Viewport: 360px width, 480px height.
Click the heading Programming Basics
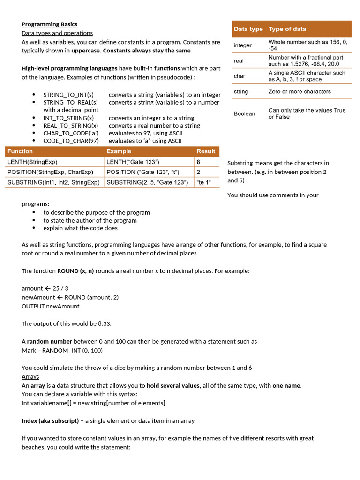tap(49, 24)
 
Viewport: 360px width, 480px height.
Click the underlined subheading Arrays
tap(30, 376)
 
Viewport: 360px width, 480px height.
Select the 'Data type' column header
tap(248, 29)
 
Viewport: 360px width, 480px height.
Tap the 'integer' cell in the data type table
tap(243, 45)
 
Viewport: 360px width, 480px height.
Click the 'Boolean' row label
tap(245, 113)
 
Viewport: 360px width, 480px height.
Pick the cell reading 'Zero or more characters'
tap(300, 91)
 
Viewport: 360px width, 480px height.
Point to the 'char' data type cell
tap(240, 76)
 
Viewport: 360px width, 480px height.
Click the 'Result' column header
tap(206, 151)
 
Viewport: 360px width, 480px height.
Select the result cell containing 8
tap(198, 162)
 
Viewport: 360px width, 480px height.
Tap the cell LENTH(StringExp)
tap(32, 162)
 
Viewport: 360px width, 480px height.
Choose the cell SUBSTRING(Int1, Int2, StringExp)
tap(53, 182)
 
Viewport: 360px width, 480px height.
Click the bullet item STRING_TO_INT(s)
tap(68, 95)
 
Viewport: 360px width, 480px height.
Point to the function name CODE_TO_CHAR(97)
tap(71, 141)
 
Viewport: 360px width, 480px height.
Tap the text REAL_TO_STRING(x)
tap(71, 126)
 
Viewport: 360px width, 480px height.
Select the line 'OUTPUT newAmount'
tap(51, 306)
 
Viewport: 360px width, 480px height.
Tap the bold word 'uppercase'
tap(86, 50)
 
